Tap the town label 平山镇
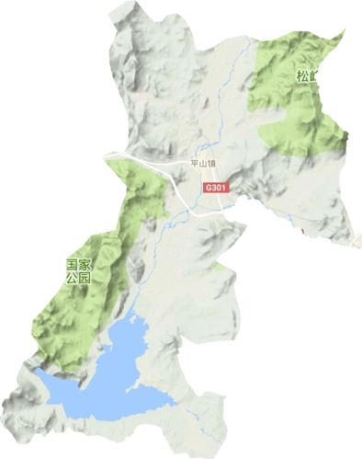pos(201,165)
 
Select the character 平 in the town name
pos(192,165)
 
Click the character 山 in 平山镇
pos(201,165)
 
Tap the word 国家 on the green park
pos(79,263)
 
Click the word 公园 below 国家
pos(79,277)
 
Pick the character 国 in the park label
pos(72,263)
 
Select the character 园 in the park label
pos(86,277)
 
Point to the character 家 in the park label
pos(86,263)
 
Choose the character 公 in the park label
pos(72,277)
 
